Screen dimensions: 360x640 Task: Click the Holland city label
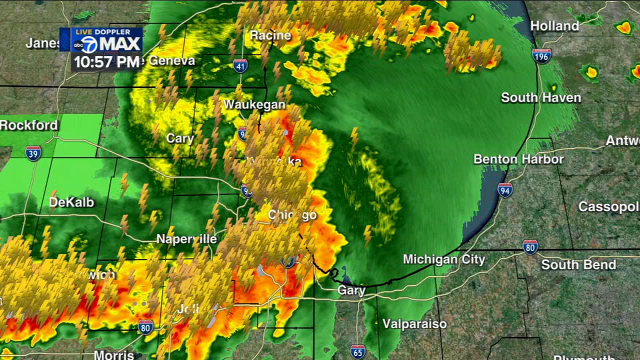pos(554,26)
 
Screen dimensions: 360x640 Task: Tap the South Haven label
pos(541,97)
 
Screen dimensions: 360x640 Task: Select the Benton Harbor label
pos(518,159)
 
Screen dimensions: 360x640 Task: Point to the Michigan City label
pos(444,259)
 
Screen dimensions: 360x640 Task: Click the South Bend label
pos(578,264)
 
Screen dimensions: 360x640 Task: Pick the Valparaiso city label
pos(414,324)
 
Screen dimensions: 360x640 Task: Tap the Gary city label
pos(351,290)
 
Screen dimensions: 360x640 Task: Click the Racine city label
pos(270,35)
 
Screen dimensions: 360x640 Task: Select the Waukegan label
pos(254,104)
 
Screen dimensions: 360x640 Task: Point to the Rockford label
pos(29,125)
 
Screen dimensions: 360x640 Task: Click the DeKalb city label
pos(71,202)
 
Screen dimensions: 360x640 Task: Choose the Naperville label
pos(186,239)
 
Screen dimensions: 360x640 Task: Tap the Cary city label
pos(180,138)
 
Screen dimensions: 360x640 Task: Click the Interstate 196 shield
pos(541,55)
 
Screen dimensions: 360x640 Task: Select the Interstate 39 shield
pos(33,153)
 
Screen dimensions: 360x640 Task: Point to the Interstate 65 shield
pos(358,351)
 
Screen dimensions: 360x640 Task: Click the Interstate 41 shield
pos(240,65)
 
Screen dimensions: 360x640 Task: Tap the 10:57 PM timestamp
pos(106,62)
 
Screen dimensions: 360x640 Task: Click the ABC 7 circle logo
pos(86,44)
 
